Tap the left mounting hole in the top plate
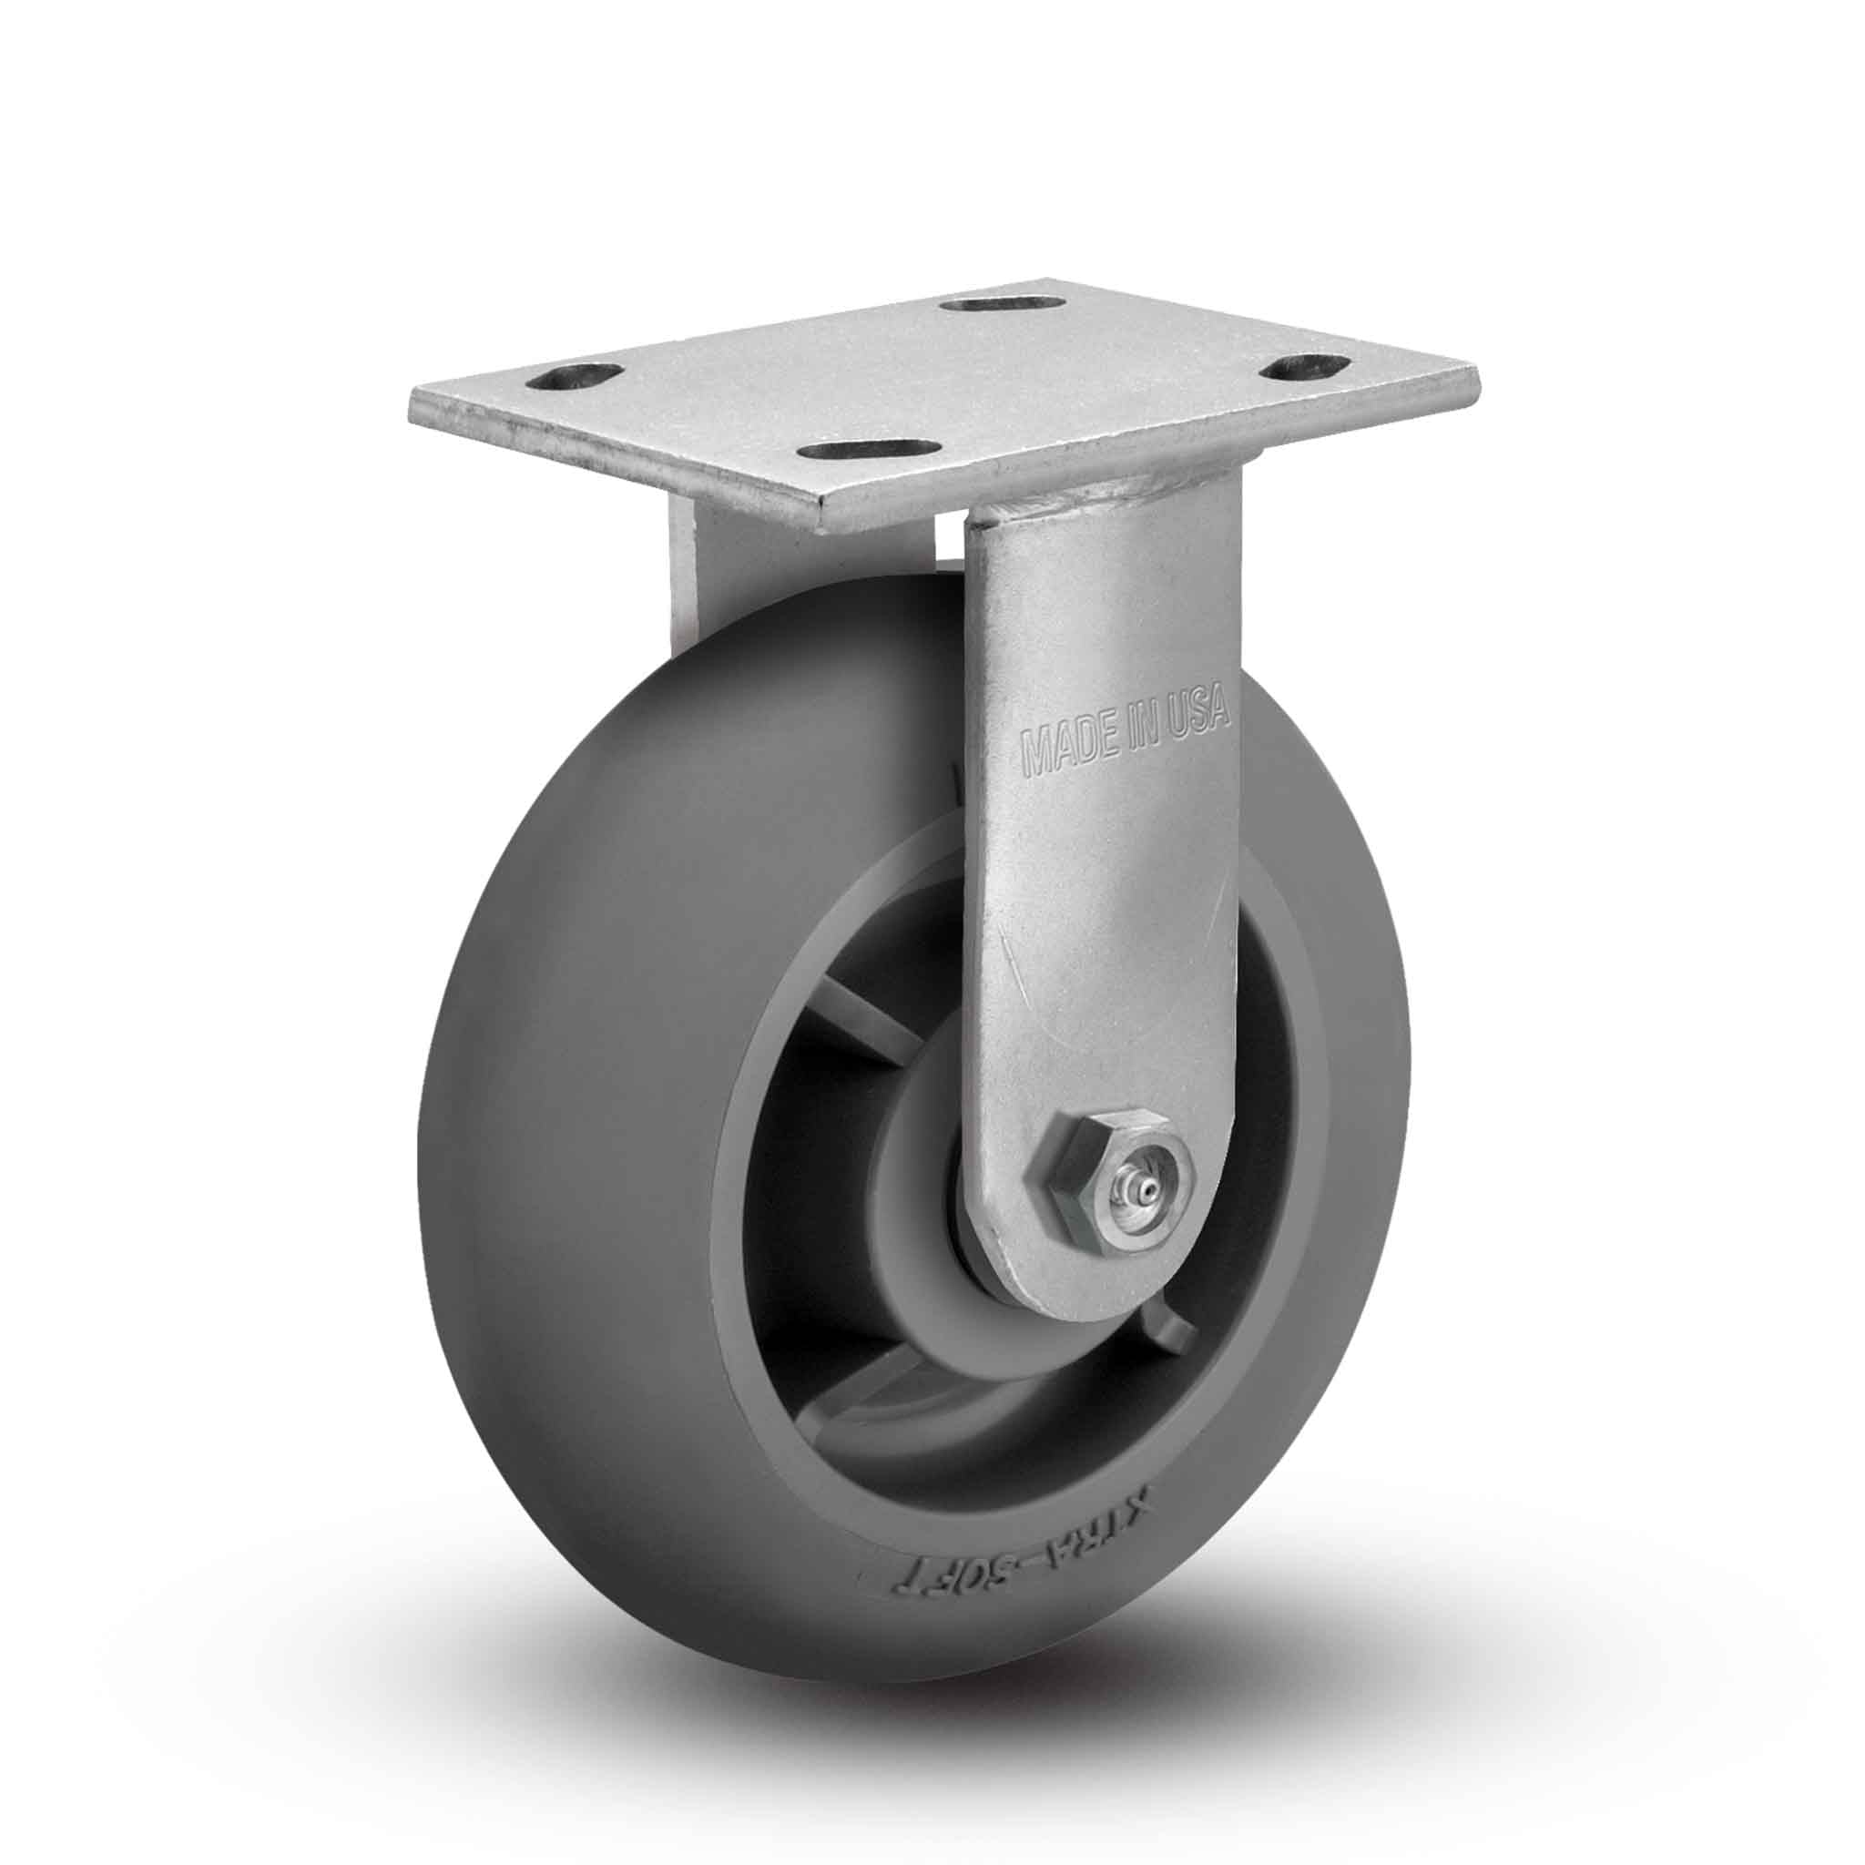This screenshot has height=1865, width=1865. (586, 376)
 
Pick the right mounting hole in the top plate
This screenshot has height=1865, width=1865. (1304, 368)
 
